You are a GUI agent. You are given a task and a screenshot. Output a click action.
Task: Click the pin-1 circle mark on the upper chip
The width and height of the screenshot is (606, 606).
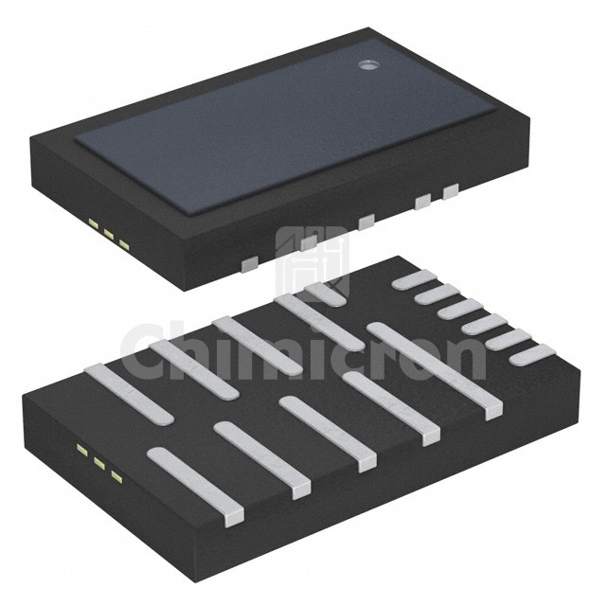click(x=366, y=65)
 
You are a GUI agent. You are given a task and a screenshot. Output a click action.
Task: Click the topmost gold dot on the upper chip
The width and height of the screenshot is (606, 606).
click(x=93, y=223)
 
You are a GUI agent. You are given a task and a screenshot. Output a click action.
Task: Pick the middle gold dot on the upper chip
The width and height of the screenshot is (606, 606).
click(x=109, y=234)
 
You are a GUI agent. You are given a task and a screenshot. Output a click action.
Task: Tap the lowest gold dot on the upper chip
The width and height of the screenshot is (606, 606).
click(x=124, y=244)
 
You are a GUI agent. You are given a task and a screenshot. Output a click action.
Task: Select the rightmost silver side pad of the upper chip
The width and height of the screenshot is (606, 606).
click(x=451, y=191)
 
